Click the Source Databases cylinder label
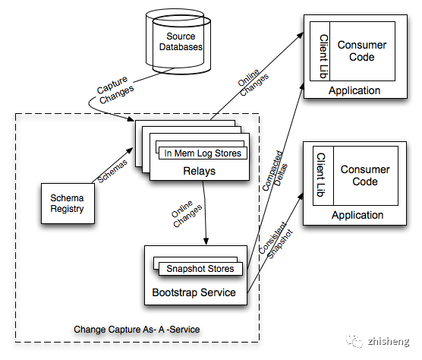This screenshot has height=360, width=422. [181, 42]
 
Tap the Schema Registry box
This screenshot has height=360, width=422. [68, 204]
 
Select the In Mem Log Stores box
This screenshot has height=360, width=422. [203, 153]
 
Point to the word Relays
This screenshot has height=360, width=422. [199, 171]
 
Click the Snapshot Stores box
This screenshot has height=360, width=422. [200, 269]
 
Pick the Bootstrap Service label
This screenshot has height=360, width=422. [194, 292]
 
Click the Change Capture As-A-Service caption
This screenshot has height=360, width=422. [137, 330]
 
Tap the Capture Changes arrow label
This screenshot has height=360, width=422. [115, 90]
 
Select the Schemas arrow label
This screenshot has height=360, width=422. [112, 171]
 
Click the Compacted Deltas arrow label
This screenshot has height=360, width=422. [275, 171]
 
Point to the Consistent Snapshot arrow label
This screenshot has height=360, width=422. [276, 240]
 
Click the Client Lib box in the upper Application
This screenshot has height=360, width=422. [320, 51]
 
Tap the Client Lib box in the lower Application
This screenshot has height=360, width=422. [323, 176]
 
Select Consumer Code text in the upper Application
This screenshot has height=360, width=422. [362, 51]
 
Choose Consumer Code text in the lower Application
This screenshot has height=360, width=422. [365, 175]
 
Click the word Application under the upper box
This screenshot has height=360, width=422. [354, 90]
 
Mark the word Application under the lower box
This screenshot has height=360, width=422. [357, 215]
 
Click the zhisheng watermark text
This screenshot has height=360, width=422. [389, 342]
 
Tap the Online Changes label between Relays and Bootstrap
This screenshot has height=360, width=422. [187, 213]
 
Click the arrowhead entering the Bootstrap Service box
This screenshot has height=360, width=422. [206, 242]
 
